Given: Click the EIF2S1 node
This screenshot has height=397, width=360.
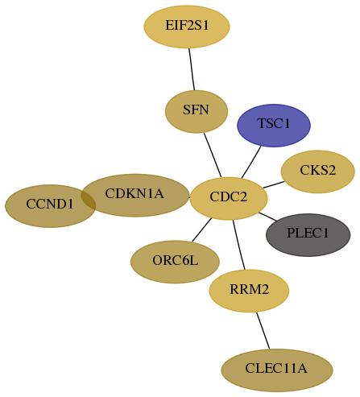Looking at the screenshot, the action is point(187,27).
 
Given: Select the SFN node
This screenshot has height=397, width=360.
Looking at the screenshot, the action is point(197,111).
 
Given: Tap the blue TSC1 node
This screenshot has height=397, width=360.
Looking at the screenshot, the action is point(274,126).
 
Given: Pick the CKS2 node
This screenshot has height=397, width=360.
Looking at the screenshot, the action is point(318,172).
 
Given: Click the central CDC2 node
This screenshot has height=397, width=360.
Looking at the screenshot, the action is point(229,198).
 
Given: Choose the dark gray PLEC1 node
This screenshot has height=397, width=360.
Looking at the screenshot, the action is point(308,235).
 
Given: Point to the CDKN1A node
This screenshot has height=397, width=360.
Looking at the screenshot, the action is point(135,195).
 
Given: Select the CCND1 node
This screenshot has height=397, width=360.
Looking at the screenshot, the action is point(50,206).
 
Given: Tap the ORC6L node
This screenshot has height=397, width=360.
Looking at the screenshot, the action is point(175,262).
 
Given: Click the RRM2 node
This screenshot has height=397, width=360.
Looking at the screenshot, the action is point(249,291).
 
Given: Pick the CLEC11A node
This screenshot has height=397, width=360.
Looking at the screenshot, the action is point(277,370).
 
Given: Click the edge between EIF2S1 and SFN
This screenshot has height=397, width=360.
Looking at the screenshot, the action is point(192,69).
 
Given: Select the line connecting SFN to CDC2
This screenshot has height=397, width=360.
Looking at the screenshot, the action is point(213,155).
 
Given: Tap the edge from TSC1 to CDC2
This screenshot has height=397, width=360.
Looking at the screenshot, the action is point(251,162).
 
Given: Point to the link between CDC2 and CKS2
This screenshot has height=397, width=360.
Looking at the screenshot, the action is point(274,184).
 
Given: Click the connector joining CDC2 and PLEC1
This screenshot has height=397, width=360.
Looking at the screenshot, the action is point(267,217).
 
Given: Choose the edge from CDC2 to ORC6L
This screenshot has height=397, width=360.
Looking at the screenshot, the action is point(202,230).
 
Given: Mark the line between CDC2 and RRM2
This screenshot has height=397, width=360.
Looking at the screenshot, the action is point(239,245).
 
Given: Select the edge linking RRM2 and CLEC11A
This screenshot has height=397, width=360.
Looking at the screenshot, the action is point(263,331).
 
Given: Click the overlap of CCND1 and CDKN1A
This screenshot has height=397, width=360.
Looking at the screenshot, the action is point(89,198).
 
